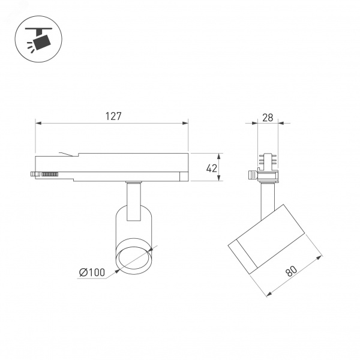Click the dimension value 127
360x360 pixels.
tap(113, 116)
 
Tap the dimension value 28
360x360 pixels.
tap(268, 118)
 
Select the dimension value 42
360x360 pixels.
tap(211, 169)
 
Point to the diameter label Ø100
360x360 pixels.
tap(92, 272)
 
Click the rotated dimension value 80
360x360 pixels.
tap(292, 271)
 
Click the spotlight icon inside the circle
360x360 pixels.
tap(39, 39)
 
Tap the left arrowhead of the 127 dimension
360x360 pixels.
tap(38, 123)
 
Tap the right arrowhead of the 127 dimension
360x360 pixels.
tap(185, 123)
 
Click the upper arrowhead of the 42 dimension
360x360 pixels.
tap(219, 157)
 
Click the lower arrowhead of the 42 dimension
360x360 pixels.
tap(219, 178)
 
